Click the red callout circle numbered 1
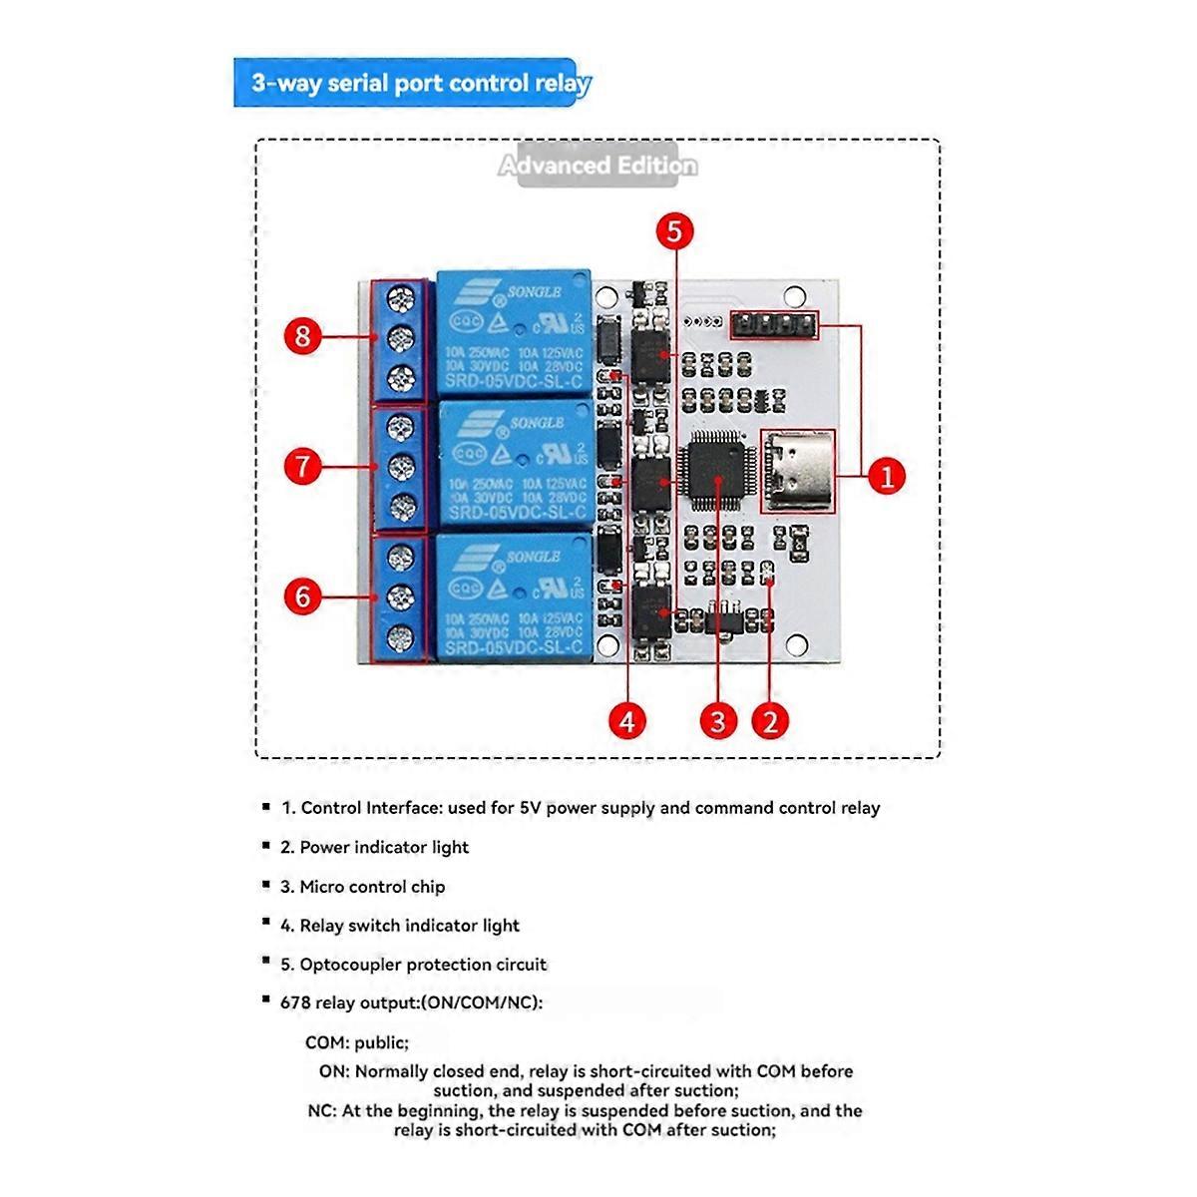(x=886, y=476)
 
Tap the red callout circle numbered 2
(x=769, y=719)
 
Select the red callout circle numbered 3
(x=717, y=719)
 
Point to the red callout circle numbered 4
(x=627, y=719)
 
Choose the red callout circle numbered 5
(x=674, y=231)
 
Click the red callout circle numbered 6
(x=303, y=597)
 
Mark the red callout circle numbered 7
(x=303, y=466)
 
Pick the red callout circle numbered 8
(x=303, y=335)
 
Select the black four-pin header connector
(x=774, y=324)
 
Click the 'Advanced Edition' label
(x=598, y=166)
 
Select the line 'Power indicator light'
(x=383, y=847)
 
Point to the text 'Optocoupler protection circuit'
(x=422, y=965)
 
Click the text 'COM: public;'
(x=357, y=1043)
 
